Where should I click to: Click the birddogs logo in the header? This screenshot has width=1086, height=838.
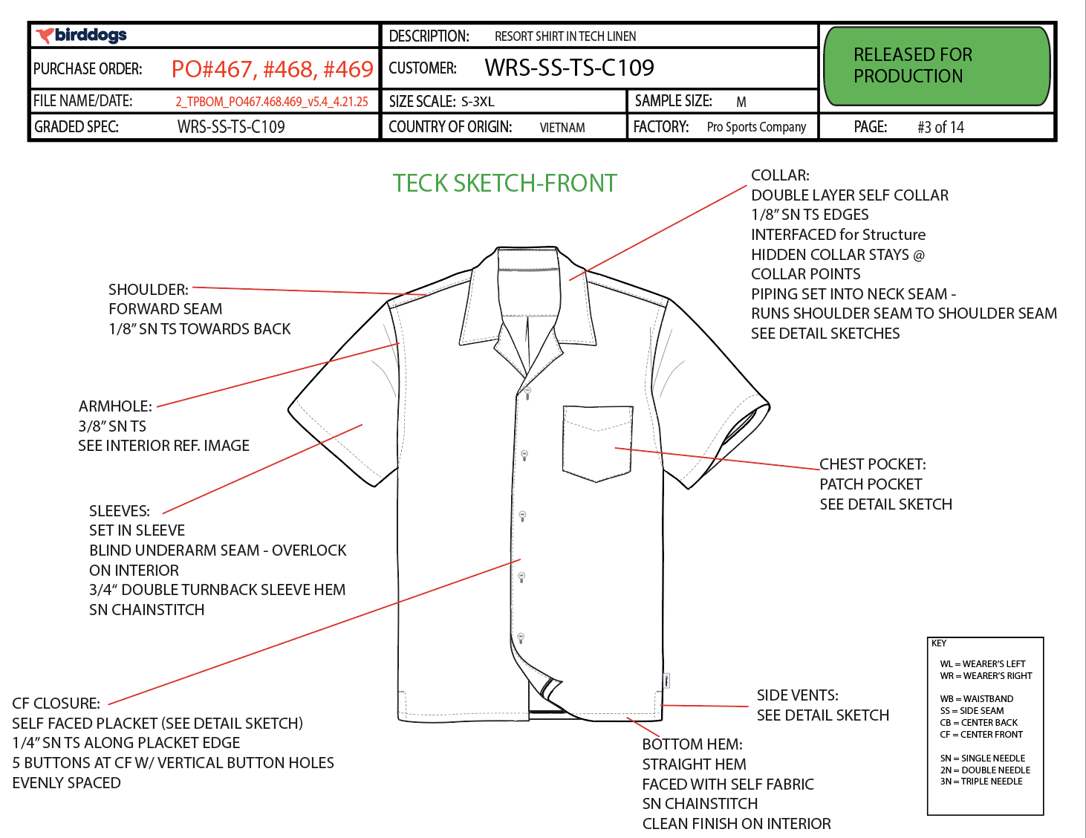80,35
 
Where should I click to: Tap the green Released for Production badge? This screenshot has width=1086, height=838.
937,66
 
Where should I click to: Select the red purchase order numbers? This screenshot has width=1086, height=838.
273,69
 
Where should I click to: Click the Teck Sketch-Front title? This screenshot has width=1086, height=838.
505,183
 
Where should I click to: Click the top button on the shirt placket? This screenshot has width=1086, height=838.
527,392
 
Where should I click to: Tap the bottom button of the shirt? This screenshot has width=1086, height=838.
521,638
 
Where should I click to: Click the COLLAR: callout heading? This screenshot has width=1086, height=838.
780,175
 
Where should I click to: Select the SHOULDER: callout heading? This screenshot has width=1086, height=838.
149,289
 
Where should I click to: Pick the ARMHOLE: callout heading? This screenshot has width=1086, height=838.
115,406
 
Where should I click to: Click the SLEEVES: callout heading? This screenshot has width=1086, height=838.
120,510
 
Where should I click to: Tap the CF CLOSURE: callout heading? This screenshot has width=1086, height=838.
56,703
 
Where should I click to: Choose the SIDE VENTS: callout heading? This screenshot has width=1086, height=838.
798,695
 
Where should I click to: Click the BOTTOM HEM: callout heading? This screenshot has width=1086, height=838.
692,744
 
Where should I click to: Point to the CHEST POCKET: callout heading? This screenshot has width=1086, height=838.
873,464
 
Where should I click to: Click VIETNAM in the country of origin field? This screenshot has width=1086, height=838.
562,128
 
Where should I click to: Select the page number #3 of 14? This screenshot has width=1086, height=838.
940,127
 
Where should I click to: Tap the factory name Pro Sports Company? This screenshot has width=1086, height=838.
756,127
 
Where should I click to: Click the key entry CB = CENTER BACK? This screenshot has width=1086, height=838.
978,723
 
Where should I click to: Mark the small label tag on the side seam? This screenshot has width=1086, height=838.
667,680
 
